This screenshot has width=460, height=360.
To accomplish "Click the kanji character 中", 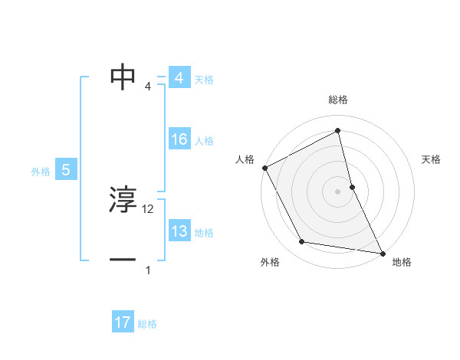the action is pos(123,77).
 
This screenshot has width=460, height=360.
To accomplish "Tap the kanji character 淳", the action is pos(123,200).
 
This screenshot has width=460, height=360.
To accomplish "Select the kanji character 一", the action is pos(123,260).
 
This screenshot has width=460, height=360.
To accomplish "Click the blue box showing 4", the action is pos(179,78).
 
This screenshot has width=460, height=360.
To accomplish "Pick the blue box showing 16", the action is pos(179,139).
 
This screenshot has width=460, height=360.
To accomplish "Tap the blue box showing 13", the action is pos(179,231).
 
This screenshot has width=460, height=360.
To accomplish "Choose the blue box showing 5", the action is pos(66,170).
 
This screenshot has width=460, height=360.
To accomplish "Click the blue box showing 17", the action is pos(123,322).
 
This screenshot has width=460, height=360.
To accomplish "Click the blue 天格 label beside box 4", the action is pos(204,80).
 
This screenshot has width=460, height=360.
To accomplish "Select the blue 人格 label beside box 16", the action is pos(204,141).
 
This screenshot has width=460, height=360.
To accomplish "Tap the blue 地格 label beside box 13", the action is pos(204,233).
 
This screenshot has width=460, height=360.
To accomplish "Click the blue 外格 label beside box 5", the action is pos(41,172).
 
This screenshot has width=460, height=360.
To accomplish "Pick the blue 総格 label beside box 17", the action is pos(147,324).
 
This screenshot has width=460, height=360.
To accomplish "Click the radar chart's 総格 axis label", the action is pos(338,100).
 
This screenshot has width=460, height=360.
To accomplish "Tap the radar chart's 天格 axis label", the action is pos(432,159).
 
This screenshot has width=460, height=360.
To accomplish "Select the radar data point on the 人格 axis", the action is pos(264,167).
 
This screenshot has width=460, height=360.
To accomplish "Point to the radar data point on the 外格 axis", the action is pos(302,242).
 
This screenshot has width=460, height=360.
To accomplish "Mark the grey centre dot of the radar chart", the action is pos(338,191).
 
